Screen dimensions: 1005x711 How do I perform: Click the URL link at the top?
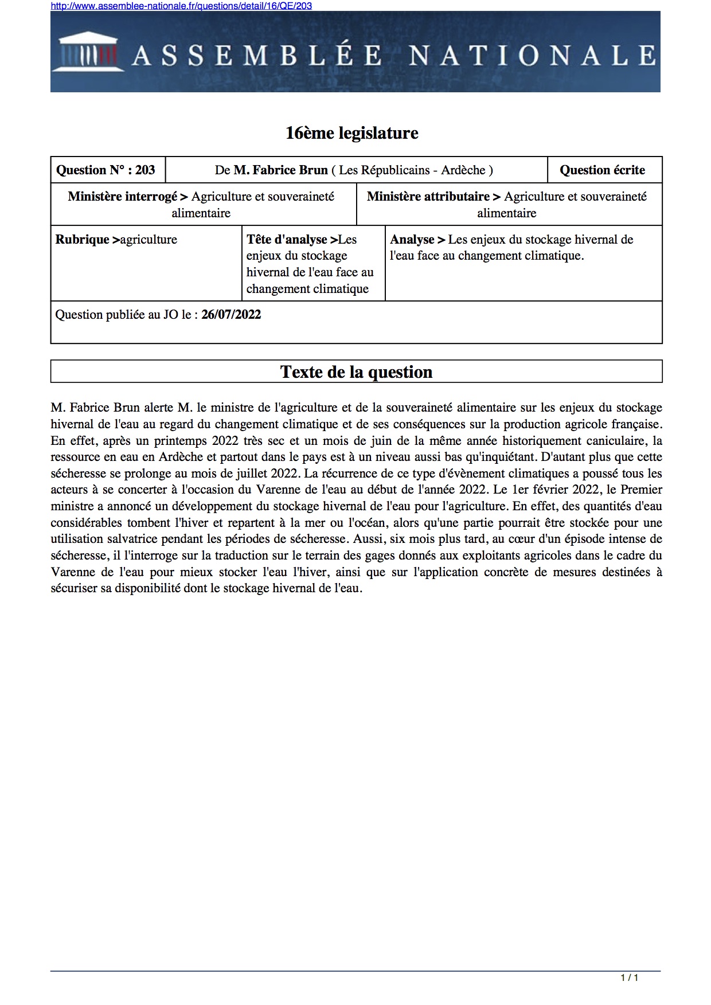pos(181,6)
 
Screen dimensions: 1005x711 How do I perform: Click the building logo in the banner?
pos(88,52)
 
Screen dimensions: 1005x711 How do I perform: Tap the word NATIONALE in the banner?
pos(532,56)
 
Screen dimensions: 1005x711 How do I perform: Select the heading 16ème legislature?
pos(351,133)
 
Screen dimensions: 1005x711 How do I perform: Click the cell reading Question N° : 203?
pos(106,170)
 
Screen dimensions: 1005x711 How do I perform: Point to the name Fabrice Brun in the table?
pos(280,170)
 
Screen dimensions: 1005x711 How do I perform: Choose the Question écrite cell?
pos(602,170)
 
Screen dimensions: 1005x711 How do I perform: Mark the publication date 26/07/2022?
pos(231,315)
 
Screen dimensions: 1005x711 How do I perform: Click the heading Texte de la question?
pos(356,372)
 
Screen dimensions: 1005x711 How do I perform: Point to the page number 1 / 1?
pos(629,977)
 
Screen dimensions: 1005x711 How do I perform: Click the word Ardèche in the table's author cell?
pos(463,170)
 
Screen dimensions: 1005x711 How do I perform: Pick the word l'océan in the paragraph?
pos(367,523)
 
